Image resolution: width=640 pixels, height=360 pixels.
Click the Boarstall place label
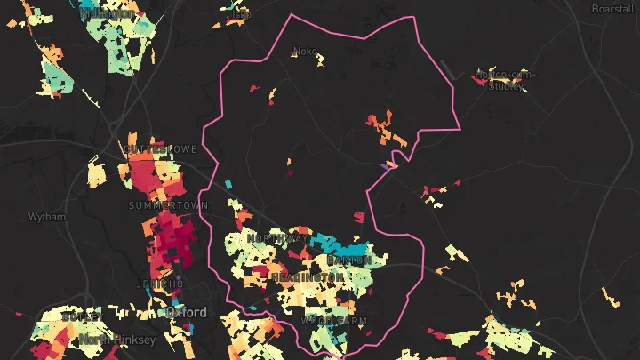point(612,8)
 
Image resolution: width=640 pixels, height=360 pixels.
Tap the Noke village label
point(305,52)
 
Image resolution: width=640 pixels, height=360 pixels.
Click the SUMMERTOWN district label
point(168,205)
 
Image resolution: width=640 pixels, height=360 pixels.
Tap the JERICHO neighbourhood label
point(148,284)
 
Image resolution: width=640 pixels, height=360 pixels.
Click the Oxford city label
point(186,313)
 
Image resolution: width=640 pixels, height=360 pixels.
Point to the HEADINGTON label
point(307,278)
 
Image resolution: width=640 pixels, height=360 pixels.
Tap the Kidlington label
point(107,13)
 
